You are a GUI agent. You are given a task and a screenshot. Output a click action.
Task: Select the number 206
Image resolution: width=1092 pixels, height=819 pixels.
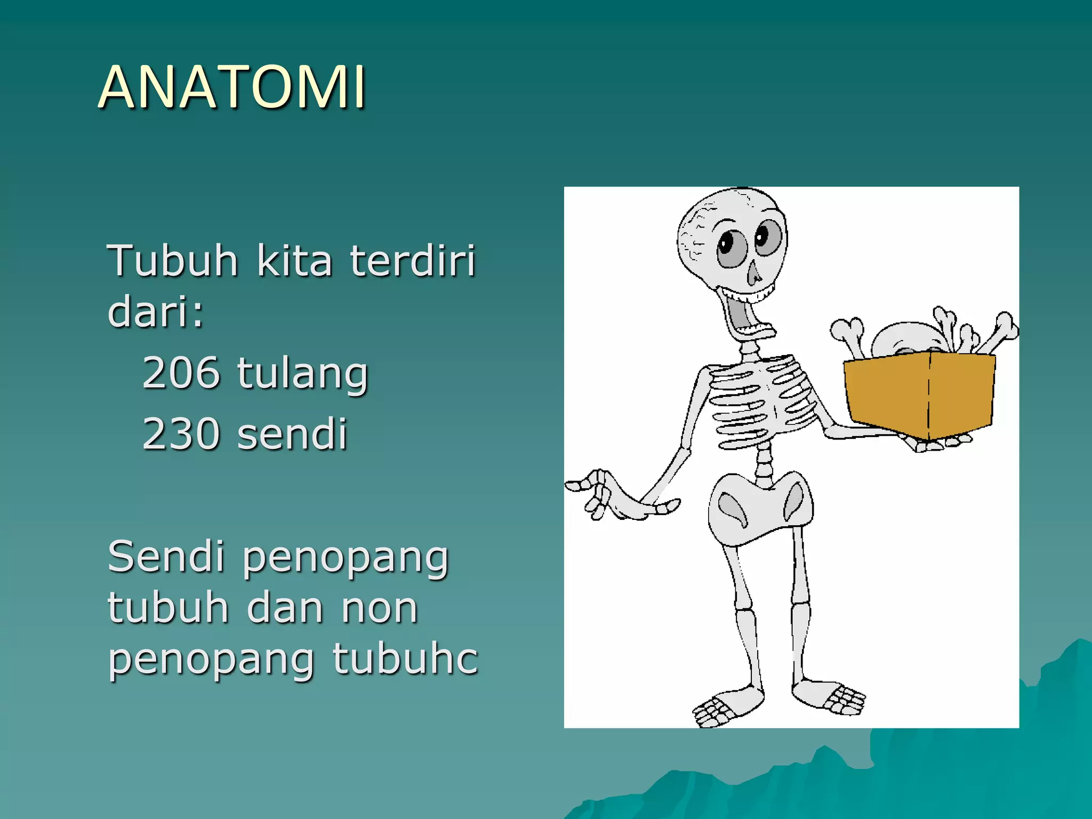pos(181,373)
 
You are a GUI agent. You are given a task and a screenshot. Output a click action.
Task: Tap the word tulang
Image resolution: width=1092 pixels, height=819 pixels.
pos(302,375)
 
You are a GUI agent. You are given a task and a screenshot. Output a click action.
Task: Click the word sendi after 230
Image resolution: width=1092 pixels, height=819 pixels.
pos(292,434)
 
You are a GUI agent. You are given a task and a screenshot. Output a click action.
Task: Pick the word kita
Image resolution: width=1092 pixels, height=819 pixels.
pos(294,261)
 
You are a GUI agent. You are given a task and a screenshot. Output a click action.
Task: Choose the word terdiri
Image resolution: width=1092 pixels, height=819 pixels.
pos(412,261)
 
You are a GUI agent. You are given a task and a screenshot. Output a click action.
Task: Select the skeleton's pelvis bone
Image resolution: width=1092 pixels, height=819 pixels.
pos(760,507)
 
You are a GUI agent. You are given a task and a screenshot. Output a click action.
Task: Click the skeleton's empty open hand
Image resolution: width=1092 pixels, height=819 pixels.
pos(613,496)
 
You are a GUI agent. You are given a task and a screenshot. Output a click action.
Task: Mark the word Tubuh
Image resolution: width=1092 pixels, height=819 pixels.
pos(172,261)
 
